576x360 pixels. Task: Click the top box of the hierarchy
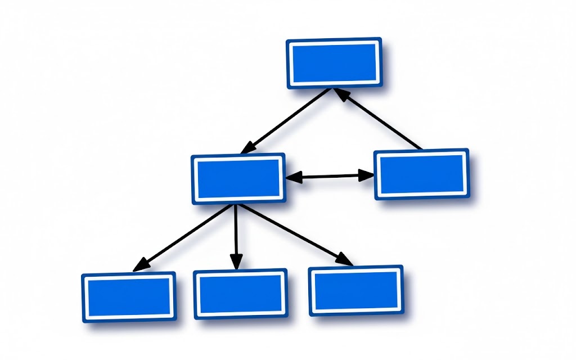334,63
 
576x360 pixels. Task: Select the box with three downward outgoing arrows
238,178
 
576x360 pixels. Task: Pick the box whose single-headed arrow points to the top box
422,174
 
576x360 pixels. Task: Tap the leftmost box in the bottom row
129,296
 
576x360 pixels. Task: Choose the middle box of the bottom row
240,294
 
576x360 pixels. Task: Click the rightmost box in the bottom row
355,290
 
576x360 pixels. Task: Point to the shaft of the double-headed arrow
330,177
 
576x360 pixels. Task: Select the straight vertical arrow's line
236,231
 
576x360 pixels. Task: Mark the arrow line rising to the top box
382,121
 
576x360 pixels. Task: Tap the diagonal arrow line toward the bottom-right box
292,233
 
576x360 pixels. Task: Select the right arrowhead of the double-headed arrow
366,175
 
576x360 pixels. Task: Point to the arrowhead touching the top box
341,94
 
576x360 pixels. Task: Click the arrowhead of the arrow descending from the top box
247,148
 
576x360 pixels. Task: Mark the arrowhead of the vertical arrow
236,263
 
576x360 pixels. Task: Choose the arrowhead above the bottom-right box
344,260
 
